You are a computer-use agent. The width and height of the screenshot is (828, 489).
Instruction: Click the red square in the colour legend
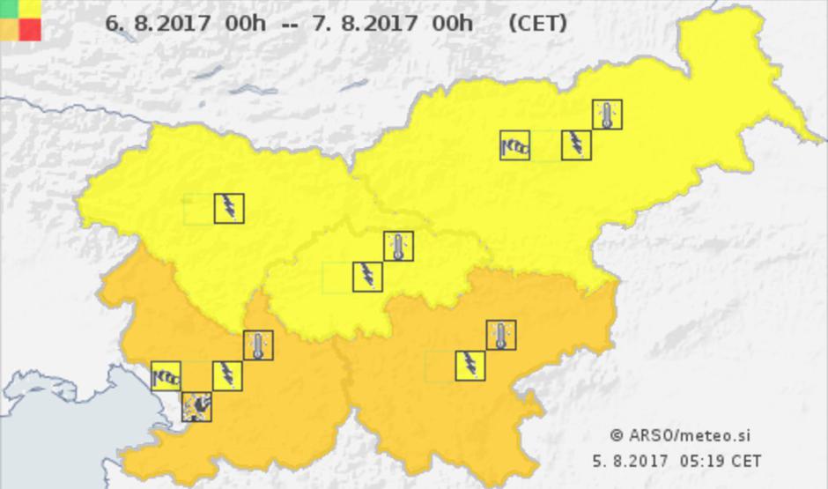pos(31,30)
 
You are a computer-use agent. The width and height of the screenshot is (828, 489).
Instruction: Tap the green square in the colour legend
pos(10,9)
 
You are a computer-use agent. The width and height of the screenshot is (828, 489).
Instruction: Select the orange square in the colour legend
pos(10,30)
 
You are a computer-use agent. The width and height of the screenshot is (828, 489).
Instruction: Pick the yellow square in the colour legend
pos(31,9)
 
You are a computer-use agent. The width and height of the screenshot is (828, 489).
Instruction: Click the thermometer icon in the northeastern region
pos(607,114)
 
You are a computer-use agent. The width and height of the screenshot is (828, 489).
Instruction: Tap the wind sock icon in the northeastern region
pos(515,144)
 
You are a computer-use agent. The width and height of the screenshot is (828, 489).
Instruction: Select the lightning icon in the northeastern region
pos(576,144)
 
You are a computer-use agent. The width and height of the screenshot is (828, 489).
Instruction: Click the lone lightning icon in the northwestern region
pos(229,208)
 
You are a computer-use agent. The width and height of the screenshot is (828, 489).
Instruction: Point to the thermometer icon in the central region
pos(398,246)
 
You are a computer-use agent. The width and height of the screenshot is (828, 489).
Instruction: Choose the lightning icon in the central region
pos(367,276)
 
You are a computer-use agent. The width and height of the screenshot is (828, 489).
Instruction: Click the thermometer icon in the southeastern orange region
pos(500,336)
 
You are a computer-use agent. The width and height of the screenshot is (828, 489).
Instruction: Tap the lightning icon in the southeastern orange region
pos(470,366)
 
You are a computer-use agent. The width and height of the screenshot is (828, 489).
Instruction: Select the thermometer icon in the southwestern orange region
pos(257,345)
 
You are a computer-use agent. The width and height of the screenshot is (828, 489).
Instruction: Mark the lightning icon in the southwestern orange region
pos(227,375)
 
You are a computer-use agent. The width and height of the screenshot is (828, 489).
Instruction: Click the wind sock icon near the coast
pos(166,376)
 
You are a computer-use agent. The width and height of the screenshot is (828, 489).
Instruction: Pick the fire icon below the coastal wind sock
pos(196,406)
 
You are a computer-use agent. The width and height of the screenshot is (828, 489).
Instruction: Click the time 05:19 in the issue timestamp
pos(703,460)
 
